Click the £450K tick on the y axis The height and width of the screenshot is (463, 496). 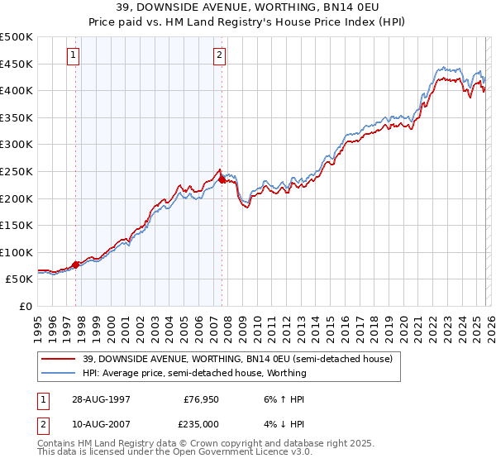(17, 64)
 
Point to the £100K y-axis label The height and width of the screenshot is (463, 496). (17, 252)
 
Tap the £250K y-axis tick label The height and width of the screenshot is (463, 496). (17, 171)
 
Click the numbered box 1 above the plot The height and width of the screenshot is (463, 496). (74, 55)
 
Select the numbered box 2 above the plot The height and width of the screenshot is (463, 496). (220, 55)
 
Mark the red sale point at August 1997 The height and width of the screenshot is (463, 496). (76, 265)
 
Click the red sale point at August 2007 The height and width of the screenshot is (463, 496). (222, 179)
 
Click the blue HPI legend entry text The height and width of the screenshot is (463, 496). (194, 373)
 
